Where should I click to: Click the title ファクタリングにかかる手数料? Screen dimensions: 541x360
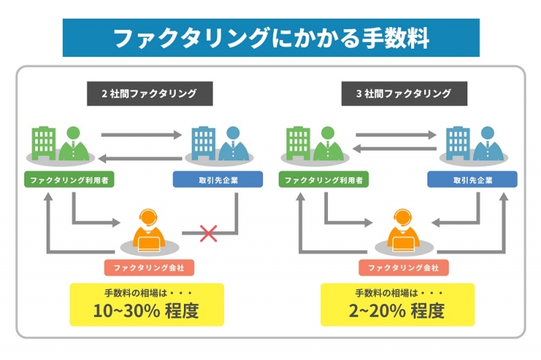tap(271, 38)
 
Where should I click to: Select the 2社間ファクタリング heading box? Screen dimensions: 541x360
tap(149, 93)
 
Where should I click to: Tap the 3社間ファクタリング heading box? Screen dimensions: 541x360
tap(404, 93)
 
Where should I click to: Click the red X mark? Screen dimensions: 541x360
tap(208, 233)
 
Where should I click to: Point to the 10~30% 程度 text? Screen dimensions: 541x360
tap(146, 311)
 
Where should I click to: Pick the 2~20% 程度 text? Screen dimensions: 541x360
tap(396, 311)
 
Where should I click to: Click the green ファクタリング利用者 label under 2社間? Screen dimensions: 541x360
tap(69, 180)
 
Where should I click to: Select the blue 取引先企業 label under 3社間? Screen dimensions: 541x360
tap(472, 180)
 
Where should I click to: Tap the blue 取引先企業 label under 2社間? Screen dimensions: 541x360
tap(218, 180)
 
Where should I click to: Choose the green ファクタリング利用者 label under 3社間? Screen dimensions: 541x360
tap(324, 180)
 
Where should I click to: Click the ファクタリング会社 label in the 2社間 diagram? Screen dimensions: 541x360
tap(149, 267)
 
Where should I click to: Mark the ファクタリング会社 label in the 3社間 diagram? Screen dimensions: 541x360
tap(404, 267)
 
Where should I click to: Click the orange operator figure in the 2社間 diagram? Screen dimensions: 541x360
tap(149, 230)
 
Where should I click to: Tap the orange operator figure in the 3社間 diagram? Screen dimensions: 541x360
tap(404, 230)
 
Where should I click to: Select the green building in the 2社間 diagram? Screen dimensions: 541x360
tap(43, 143)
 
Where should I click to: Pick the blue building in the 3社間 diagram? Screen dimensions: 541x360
tap(458, 143)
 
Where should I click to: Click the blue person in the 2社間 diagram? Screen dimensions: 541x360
tap(233, 143)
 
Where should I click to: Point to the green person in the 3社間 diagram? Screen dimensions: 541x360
tap(328, 143)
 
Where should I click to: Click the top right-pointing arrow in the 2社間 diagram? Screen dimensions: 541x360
tap(141, 135)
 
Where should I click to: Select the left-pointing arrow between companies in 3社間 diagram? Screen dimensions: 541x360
tap(394, 149)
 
